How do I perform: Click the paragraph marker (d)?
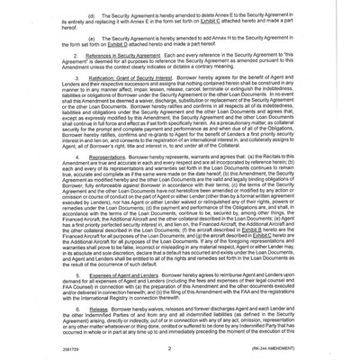(90, 17)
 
